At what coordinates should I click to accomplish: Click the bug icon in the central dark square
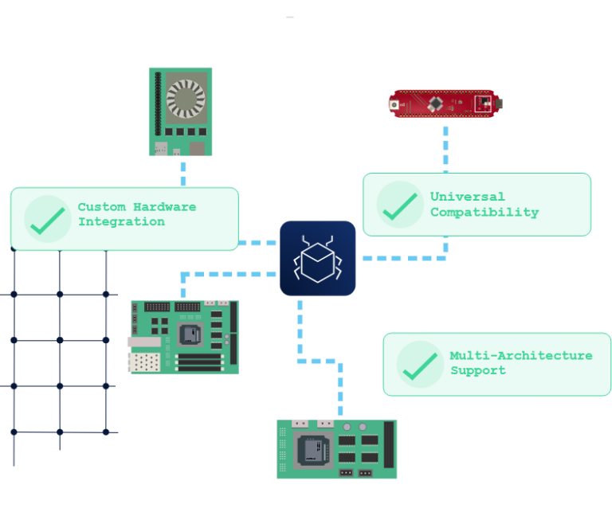click(317, 258)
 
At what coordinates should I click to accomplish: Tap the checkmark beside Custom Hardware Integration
click(46, 219)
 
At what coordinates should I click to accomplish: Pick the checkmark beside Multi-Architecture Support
click(419, 364)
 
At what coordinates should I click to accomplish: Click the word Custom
click(96, 207)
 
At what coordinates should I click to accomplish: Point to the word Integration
click(121, 221)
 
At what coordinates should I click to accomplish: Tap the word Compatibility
click(484, 212)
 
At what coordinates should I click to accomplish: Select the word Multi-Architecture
click(521, 356)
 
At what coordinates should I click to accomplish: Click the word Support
click(478, 370)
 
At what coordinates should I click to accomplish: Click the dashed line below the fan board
click(183, 171)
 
